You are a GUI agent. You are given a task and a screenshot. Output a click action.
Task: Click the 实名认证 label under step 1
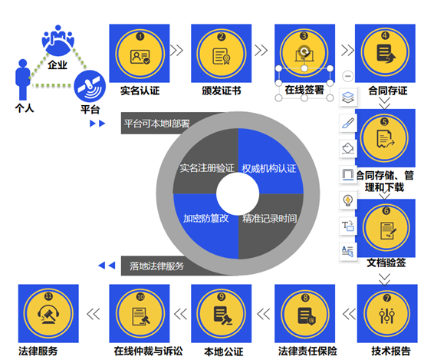coord(140,91)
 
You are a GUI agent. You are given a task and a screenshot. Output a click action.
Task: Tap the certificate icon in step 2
coord(221,56)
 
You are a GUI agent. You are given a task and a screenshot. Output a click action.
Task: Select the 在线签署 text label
coord(304,90)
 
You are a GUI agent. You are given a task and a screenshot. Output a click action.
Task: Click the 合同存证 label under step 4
coord(388,91)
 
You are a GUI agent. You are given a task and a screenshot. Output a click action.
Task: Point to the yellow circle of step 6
coord(386,228)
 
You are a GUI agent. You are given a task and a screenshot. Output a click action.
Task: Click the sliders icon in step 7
coord(387,315)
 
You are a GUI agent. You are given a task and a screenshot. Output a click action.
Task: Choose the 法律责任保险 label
coord(307,351)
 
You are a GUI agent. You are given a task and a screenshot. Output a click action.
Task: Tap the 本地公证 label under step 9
coord(224,352)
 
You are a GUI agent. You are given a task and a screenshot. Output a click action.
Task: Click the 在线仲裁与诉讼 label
coord(148,351)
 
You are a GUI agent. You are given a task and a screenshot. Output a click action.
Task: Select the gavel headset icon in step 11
coord(48,315)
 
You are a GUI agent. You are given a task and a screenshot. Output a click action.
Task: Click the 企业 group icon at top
coord(58,40)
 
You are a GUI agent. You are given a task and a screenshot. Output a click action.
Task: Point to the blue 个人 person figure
coord(23,80)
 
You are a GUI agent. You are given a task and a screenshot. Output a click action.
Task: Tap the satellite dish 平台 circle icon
coord(90,86)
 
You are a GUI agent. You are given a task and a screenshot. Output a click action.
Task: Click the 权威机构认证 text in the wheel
coord(269,169)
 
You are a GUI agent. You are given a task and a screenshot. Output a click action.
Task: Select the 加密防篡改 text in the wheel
coord(205,218)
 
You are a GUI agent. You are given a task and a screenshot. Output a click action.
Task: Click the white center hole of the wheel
coord(238,193)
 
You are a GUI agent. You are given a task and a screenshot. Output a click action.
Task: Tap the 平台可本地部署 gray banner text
coord(157,124)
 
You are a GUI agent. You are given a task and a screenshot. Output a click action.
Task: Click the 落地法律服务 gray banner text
coord(156,266)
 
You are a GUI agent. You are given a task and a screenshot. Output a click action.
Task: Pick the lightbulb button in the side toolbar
coord(348,200)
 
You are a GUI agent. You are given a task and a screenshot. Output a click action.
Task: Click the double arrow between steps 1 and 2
coord(177,50)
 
